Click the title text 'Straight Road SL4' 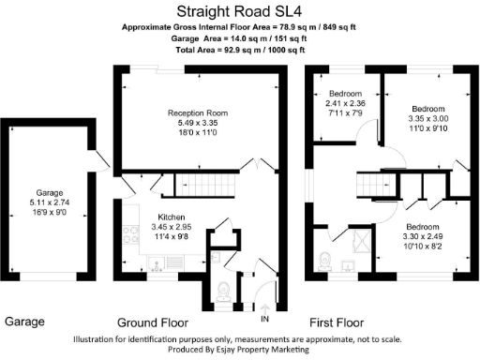click(239, 14)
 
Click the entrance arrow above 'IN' click(265, 308)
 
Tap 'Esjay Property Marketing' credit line click(239, 350)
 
